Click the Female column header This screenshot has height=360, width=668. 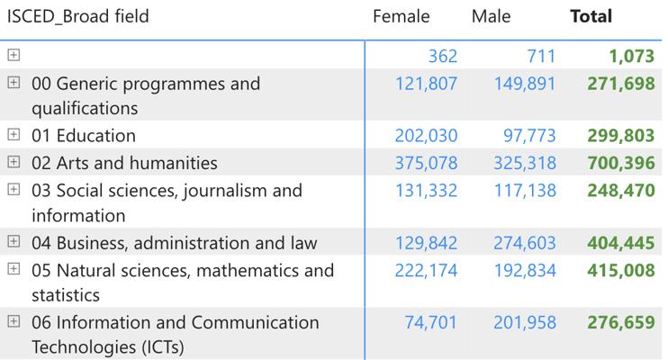[401, 16]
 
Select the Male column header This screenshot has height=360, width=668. [491, 16]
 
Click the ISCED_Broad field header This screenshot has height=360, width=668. [78, 16]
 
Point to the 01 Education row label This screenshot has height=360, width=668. [84, 136]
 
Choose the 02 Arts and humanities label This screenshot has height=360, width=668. [124, 163]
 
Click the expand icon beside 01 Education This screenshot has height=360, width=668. [14, 136]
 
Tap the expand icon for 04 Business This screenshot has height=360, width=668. [14, 243]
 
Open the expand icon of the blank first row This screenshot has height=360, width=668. [14, 56]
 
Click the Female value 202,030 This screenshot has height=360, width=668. [426, 136]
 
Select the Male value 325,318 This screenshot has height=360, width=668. [525, 163]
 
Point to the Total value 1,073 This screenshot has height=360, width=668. [630, 56]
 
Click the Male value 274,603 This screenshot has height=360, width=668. [525, 243]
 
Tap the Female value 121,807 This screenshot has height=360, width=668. [426, 84]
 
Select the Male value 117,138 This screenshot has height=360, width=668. [525, 191]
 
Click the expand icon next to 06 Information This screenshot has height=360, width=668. [14, 322]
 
